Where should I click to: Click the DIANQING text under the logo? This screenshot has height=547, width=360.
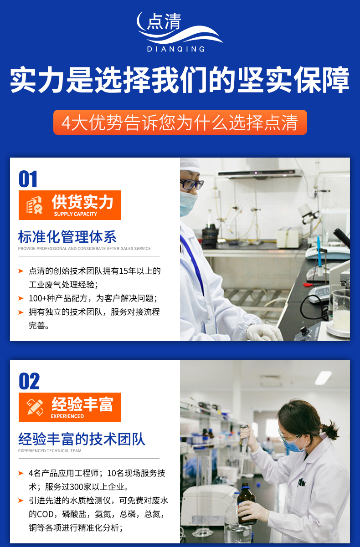tap(176, 49)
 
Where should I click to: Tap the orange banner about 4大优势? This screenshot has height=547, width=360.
tap(180, 122)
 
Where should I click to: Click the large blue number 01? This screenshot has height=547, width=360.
tap(28, 179)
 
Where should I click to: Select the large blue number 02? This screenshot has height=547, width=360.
tap(29, 381)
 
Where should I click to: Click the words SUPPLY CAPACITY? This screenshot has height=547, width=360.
tap(76, 214)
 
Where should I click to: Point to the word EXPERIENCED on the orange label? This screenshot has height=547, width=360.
tap(67, 416)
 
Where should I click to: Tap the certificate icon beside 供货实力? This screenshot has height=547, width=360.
tap(35, 205)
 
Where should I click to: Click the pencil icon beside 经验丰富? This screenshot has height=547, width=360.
tap(35, 407)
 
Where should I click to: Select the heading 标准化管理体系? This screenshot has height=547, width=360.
tap(67, 237)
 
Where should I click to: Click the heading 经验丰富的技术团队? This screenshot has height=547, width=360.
tap(82, 439)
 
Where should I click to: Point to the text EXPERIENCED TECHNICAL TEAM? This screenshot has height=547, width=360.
tap(50, 451)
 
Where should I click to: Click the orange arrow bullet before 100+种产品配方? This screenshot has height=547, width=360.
tap(21, 298)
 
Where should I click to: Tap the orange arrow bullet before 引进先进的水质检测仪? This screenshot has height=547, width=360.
tap(21, 501)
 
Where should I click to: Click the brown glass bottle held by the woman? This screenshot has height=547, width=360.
tap(247, 504)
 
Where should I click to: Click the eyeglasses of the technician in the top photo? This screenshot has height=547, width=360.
tap(191, 184)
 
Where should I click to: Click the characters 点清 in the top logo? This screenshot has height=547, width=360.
tap(164, 21)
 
